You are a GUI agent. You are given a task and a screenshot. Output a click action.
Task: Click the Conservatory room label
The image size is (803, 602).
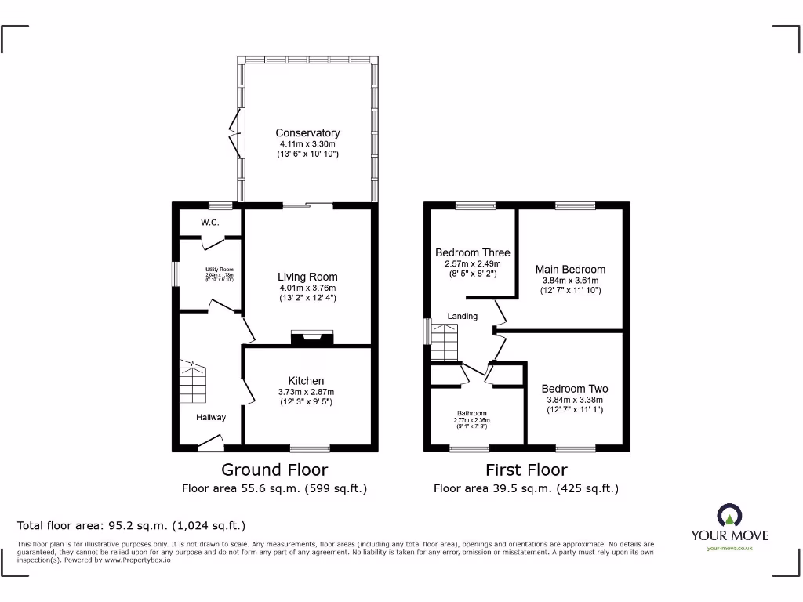(x=307, y=133)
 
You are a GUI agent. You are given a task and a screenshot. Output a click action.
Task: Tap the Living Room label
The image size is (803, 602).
(x=307, y=277)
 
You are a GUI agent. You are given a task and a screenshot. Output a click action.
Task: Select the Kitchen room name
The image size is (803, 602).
(x=306, y=381)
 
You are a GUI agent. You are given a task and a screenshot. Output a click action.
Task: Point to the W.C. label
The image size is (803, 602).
(x=209, y=223)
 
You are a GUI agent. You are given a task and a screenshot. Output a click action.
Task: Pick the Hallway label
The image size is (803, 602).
(x=211, y=418)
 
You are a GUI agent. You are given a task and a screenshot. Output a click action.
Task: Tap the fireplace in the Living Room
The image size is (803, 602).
(x=312, y=338)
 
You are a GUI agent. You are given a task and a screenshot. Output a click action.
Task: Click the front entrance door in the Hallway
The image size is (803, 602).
(x=210, y=445)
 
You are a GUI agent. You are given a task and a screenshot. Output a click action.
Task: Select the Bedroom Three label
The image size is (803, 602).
(x=472, y=252)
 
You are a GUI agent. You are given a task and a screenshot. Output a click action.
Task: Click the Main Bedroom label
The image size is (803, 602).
(x=570, y=269)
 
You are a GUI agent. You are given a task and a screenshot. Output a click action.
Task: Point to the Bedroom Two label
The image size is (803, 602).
(x=574, y=389)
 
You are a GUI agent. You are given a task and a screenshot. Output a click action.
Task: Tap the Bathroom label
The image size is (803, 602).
(x=472, y=414)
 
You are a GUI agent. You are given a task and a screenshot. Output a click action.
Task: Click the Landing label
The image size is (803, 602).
(x=463, y=317)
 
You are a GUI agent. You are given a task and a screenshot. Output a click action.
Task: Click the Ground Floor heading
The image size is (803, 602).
(x=274, y=470)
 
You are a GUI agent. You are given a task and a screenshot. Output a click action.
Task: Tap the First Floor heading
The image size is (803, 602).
(x=526, y=470)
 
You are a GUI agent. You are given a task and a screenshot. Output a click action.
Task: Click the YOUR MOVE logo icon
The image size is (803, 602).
(x=729, y=517)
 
